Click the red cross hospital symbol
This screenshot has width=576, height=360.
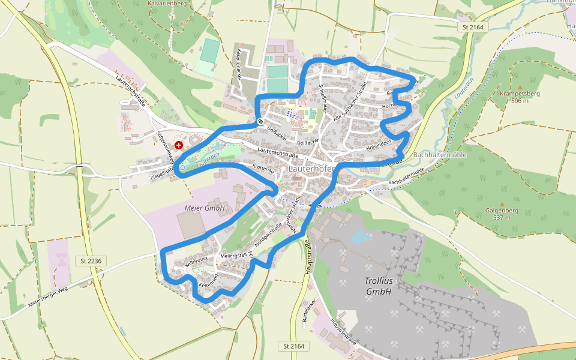click(x=179, y=145)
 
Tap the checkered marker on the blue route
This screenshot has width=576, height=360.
click(x=260, y=121)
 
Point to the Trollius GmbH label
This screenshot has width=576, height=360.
click(x=378, y=286)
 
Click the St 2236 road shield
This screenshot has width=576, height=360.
click(x=90, y=260)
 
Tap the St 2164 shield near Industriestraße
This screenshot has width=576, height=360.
click(x=293, y=347)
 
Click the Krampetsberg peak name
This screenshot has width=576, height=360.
click(x=520, y=94)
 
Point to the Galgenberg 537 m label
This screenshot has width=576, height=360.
click(x=502, y=214)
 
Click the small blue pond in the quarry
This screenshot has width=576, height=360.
click(x=360, y=238)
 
